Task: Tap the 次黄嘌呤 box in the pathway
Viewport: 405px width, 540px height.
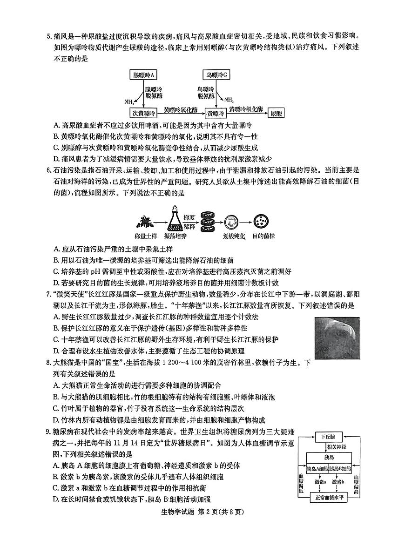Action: click(143, 113)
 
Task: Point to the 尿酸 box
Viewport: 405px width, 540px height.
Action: click(277, 113)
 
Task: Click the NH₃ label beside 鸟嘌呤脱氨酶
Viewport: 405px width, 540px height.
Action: click(229, 99)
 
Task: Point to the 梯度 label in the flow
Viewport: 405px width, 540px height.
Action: click(189, 217)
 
